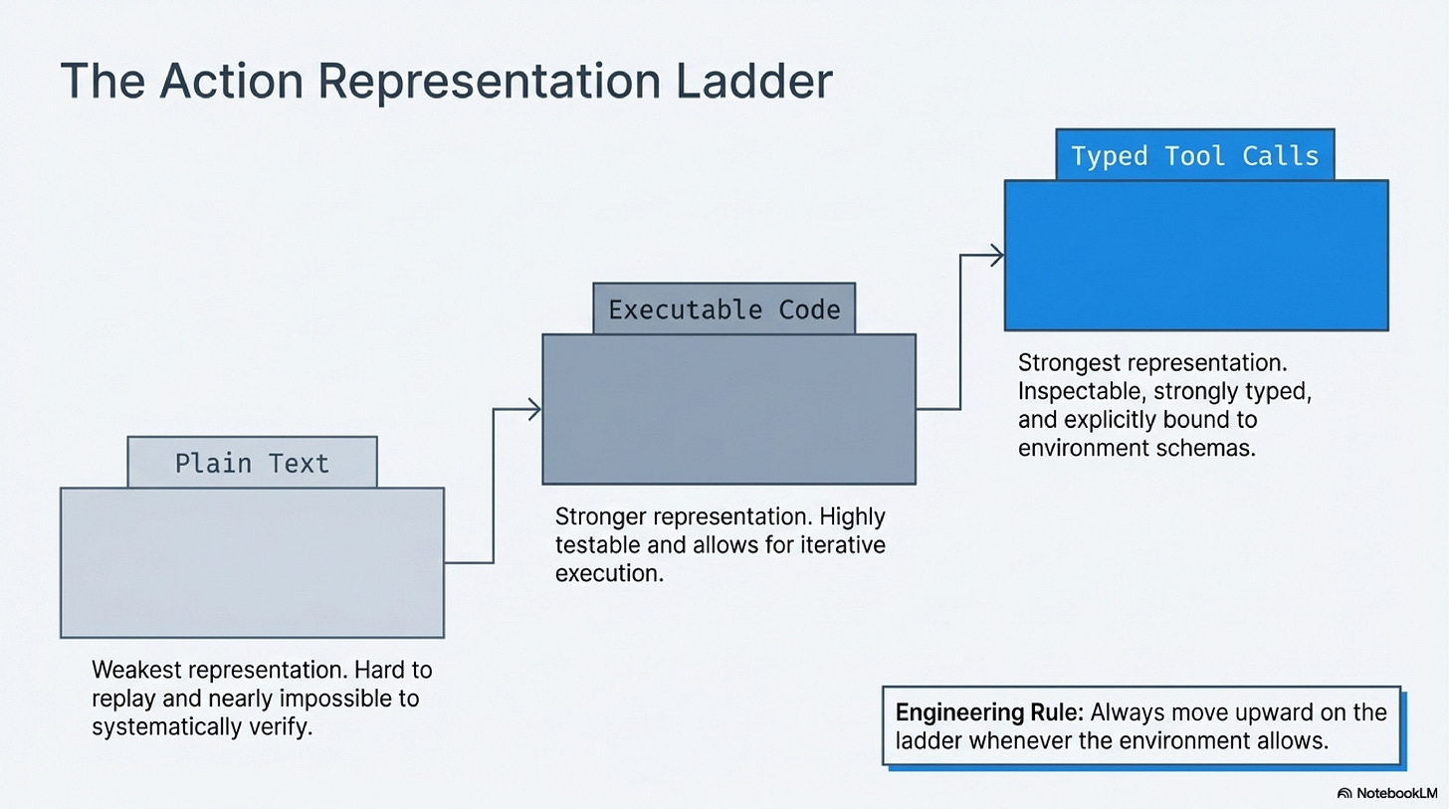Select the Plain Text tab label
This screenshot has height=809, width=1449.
[252, 463]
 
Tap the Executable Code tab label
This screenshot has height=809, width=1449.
[724, 308]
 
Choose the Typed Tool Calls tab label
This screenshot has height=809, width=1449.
[1194, 155]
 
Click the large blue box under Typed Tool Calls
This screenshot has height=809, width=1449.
[1195, 255]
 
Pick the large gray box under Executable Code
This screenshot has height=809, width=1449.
[727, 409]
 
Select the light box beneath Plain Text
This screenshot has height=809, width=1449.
[252, 562]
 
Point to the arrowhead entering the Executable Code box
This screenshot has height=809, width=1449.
[535, 408]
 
